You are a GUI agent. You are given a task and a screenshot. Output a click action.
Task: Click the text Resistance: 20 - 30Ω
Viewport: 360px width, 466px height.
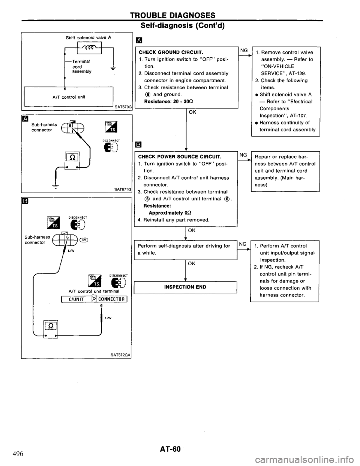point(162,101)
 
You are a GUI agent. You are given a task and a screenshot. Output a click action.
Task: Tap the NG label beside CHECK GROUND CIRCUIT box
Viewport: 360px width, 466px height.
point(242,50)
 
